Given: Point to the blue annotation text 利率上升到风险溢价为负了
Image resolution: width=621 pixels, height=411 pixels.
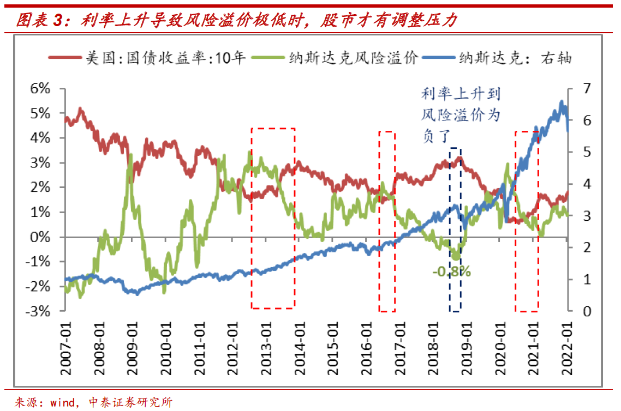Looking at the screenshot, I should [460, 115].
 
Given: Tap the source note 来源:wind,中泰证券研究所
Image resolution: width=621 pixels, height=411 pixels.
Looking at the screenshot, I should [93, 402].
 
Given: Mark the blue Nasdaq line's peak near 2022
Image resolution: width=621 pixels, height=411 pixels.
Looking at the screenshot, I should [562, 102].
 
